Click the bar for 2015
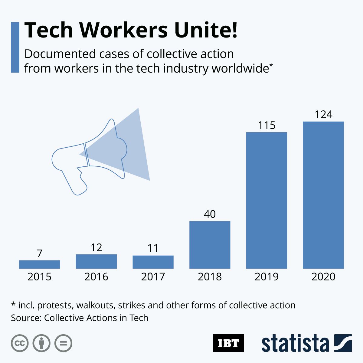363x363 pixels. click(39, 264)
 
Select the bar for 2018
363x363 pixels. click(210, 245)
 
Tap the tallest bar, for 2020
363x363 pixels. click(323, 195)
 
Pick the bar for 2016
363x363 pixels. click(96, 261)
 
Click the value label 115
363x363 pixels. click(267, 125)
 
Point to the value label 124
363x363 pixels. click(323, 115)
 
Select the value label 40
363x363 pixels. click(210, 214)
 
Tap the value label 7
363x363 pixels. click(39, 253)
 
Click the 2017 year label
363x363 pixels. click(153, 276)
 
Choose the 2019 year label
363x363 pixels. click(267, 276)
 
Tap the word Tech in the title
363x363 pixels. click(49, 30)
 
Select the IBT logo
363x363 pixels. click(228, 343)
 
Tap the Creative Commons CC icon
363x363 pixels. click(20, 343)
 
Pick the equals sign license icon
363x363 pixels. click(64, 343)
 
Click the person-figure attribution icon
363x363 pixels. click(41, 343)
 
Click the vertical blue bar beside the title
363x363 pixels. click(15, 47)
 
